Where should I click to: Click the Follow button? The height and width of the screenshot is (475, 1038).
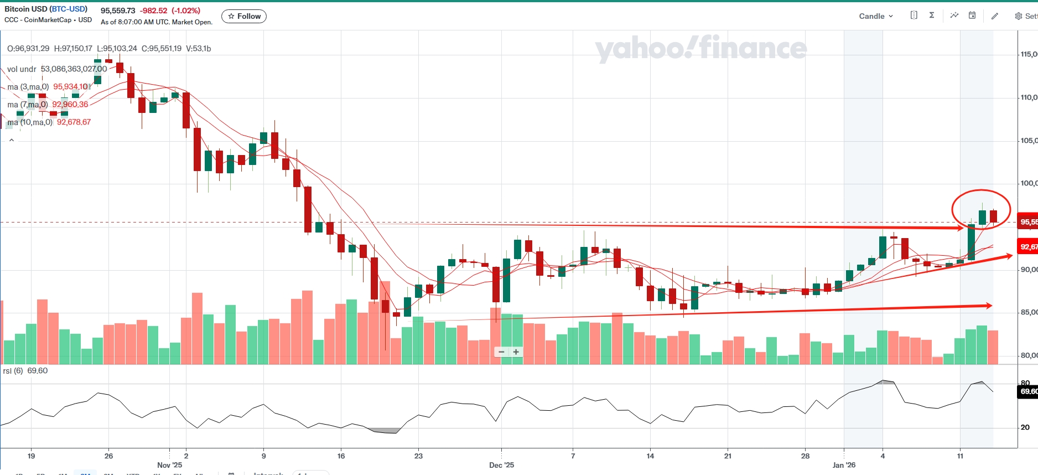click(x=244, y=17)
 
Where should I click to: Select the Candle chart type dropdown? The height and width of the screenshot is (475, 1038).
click(x=875, y=16)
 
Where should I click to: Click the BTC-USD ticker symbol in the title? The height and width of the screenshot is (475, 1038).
click(x=69, y=9)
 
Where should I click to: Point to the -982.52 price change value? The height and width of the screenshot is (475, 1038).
click(x=153, y=11)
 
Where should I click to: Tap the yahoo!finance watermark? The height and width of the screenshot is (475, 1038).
click(x=700, y=49)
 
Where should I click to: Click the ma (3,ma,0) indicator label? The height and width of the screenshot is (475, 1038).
click(x=28, y=87)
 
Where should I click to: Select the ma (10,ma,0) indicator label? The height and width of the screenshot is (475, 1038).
click(x=30, y=122)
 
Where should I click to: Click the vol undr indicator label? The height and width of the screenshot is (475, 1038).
click(x=22, y=69)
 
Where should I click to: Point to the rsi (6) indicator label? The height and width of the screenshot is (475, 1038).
click(x=13, y=371)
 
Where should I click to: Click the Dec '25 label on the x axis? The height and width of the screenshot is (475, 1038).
click(x=501, y=465)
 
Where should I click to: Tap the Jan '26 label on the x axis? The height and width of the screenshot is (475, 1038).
click(x=844, y=465)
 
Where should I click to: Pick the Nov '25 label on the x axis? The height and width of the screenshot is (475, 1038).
click(x=169, y=465)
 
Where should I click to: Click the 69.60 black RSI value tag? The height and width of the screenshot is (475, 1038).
click(x=1028, y=391)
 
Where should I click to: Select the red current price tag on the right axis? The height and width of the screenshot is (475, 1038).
click(x=1028, y=222)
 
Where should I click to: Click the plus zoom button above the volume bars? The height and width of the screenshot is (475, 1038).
click(x=516, y=352)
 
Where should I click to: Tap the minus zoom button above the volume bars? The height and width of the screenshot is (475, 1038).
click(x=501, y=352)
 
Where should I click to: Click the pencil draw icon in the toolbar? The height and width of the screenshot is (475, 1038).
click(x=994, y=16)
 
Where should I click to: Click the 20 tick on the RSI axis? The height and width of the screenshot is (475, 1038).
click(x=1025, y=427)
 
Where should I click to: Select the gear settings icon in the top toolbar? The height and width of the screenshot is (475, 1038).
click(x=1019, y=16)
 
